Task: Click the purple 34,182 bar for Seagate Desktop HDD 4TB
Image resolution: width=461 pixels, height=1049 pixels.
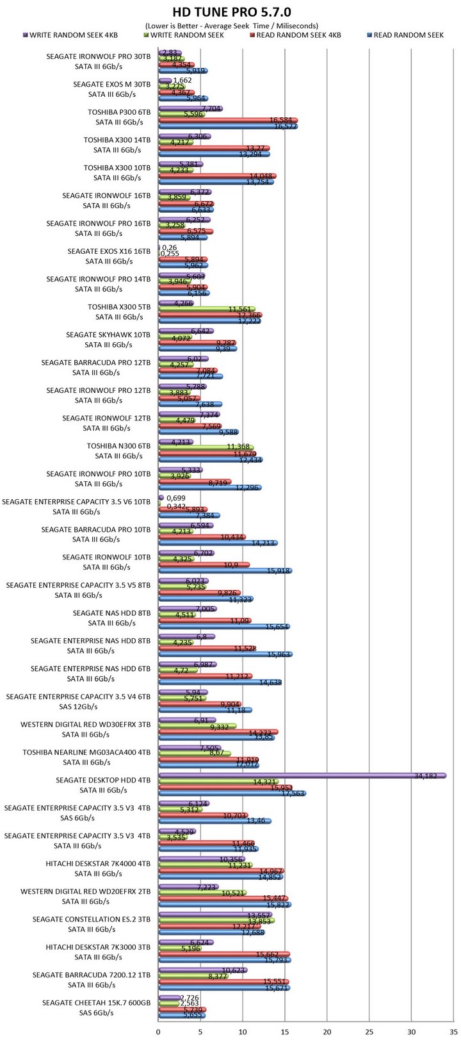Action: [301, 775]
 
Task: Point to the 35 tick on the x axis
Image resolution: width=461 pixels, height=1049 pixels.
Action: [453, 1032]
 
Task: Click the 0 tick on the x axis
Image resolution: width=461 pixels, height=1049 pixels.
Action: [158, 1032]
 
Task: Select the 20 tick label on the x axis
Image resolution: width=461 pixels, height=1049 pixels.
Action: [327, 1032]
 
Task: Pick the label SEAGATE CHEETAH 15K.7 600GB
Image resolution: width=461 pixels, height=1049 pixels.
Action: [96, 1003]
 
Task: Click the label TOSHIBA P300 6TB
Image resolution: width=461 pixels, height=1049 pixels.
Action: [119, 112]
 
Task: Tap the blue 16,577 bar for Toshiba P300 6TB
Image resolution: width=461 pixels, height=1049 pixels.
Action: [227, 127]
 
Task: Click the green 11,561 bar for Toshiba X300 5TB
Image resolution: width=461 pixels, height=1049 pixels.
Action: [206, 310]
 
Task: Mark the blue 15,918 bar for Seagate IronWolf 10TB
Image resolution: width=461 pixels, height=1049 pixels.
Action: [224, 570]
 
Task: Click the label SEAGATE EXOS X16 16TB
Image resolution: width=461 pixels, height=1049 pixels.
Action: [109, 251]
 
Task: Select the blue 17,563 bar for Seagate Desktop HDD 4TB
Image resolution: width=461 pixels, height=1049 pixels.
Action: [232, 793]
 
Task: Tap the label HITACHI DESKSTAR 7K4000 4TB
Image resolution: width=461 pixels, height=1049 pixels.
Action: [98, 863]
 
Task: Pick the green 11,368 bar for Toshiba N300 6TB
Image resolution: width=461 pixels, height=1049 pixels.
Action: [206, 448]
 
